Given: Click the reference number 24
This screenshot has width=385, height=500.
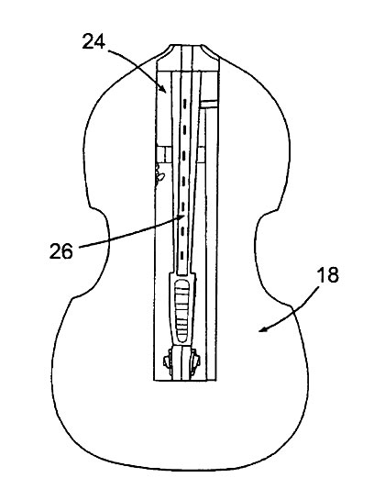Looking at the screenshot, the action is click(x=93, y=42).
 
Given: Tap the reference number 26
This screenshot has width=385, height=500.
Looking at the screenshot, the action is click(x=61, y=251).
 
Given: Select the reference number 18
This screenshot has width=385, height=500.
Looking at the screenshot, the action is click(x=328, y=275).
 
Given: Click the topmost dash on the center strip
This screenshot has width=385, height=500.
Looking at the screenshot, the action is click(x=184, y=103).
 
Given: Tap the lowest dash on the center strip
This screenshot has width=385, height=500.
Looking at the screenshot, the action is click(x=182, y=255).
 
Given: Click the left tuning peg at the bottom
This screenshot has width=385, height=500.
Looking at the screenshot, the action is click(x=168, y=361).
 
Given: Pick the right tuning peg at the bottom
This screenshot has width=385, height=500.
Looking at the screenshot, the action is click(x=195, y=361).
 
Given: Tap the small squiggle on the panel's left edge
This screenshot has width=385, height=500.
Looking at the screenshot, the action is click(x=159, y=174).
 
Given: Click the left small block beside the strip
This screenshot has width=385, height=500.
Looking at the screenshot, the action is click(x=164, y=154).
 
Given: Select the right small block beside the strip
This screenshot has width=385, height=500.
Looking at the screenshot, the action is click(x=201, y=154).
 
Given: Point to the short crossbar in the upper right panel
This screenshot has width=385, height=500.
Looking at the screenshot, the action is click(x=209, y=104).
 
